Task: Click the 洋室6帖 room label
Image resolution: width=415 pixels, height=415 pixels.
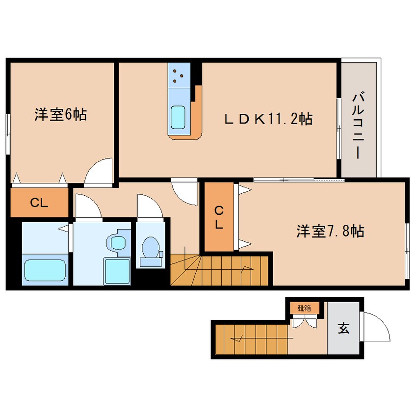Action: pos(61,115)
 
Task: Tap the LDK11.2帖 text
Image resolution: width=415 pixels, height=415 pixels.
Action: pos(268,118)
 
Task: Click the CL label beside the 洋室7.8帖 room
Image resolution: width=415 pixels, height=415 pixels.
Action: pos(219,217)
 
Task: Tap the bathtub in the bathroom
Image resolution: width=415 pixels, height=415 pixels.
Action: pos(46,270)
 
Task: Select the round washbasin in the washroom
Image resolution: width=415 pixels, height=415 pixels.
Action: pos(118,242)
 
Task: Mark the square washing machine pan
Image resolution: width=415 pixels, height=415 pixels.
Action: pos(117,270)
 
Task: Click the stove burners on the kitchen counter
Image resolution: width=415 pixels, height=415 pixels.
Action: pos(179,75)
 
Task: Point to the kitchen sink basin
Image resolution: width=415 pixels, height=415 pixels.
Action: pos(178,117)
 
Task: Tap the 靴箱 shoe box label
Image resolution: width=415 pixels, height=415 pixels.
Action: pos(304,309)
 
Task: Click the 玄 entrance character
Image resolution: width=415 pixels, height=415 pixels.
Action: pos(343,329)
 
